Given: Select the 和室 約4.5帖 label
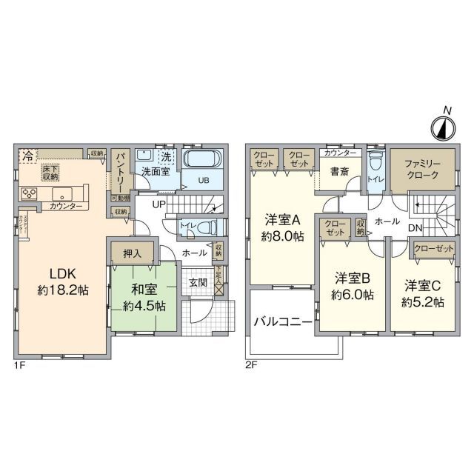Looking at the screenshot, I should [144, 296].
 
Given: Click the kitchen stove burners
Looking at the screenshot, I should [30, 194].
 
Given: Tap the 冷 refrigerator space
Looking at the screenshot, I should [27, 156].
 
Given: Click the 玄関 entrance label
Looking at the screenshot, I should [198, 283].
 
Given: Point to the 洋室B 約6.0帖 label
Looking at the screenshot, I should [353, 286].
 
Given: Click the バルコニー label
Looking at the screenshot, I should [284, 321].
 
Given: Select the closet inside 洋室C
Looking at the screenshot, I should [433, 248].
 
